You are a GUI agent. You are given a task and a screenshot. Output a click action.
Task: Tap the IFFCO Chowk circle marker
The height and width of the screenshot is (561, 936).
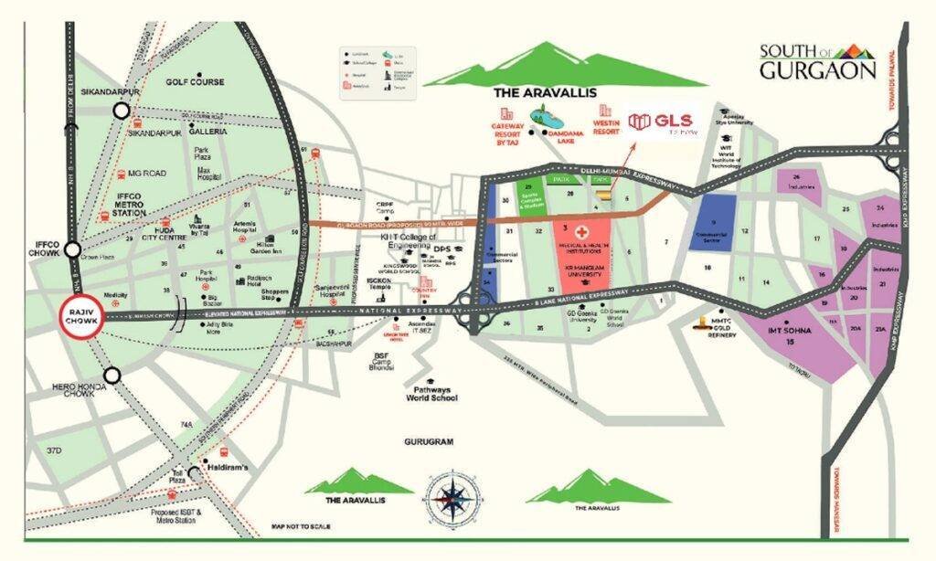(x=74, y=249)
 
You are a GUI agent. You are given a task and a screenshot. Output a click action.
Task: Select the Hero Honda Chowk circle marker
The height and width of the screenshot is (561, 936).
(x=112, y=375)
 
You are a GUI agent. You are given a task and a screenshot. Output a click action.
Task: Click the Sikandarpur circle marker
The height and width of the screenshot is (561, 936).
(x=121, y=111)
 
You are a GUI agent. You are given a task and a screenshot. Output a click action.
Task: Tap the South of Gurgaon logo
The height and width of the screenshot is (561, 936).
(x=816, y=62)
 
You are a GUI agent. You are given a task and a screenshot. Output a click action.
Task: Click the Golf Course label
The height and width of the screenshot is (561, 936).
(x=195, y=82)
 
